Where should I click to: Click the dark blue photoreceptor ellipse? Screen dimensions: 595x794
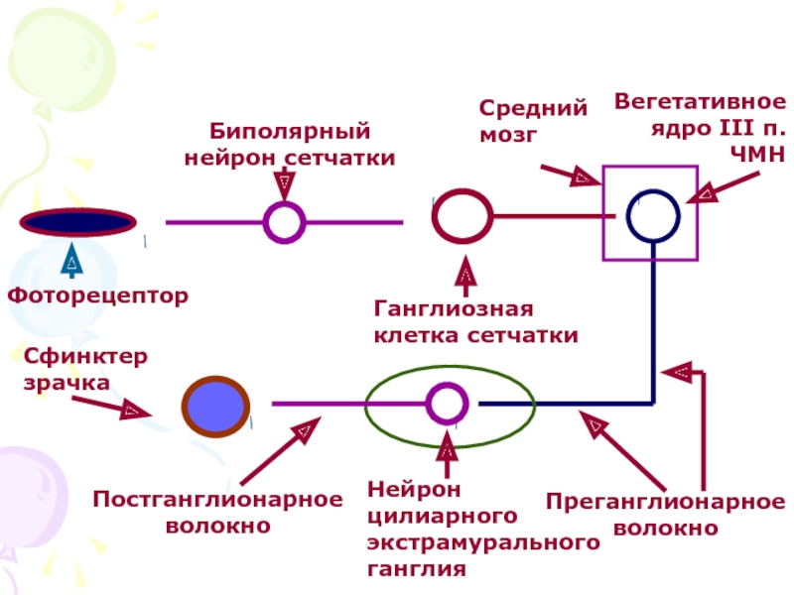click(78, 222)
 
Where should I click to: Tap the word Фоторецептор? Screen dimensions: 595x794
click(98, 296)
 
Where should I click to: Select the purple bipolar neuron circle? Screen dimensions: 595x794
click(284, 222)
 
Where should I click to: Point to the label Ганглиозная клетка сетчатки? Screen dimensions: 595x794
click(475, 322)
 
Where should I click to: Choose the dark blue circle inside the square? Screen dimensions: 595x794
click(653, 216)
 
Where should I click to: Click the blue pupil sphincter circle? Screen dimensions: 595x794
click(214, 405)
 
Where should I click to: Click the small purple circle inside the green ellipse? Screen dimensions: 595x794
click(446, 404)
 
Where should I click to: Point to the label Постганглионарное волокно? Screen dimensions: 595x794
click(217, 512)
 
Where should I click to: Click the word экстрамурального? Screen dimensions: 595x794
click(483, 543)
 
